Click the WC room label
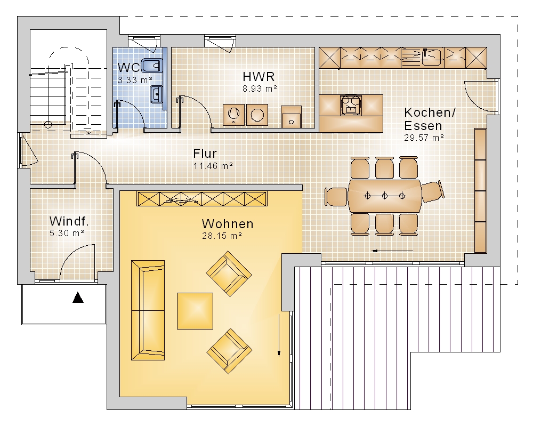pyautogui.click(x=129, y=67)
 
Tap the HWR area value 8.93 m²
pyautogui.click(x=260, y=89)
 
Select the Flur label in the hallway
pyautogui.click(x=205, y=154)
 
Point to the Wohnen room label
pyautogui.click(x=228, y=224)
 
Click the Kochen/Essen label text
pyautogui.click(x=430, y=119)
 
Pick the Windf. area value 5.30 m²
pyautogui.click(x=67, y=233)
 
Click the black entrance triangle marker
pyautogui.click(x=78, y=298)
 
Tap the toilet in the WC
pyautogui.click(x=151, y=65)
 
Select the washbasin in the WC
pyautogui.click(x=156, y=93)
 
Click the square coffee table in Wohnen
pyautogui.click(x=195, y=311)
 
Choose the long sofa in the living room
pyautogui.click(x=148, y=310)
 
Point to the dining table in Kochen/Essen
pyautogui.click(x=385, y=196)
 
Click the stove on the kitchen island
pyautogui.click(x=351, y=105)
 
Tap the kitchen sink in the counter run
pyautogui.click(x=432, y=57)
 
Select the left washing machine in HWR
pyautogui.click(x=233, y=115)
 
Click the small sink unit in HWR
pyautogui.click(x=291, y=116)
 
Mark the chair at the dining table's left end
pyautogui.click(x=336, y=197)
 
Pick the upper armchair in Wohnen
pyautogui.click(x=229, y=274)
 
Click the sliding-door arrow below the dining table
pyautogui.click(x=392, y=251)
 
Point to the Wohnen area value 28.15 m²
pyautogui.click(x=222, y=236)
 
